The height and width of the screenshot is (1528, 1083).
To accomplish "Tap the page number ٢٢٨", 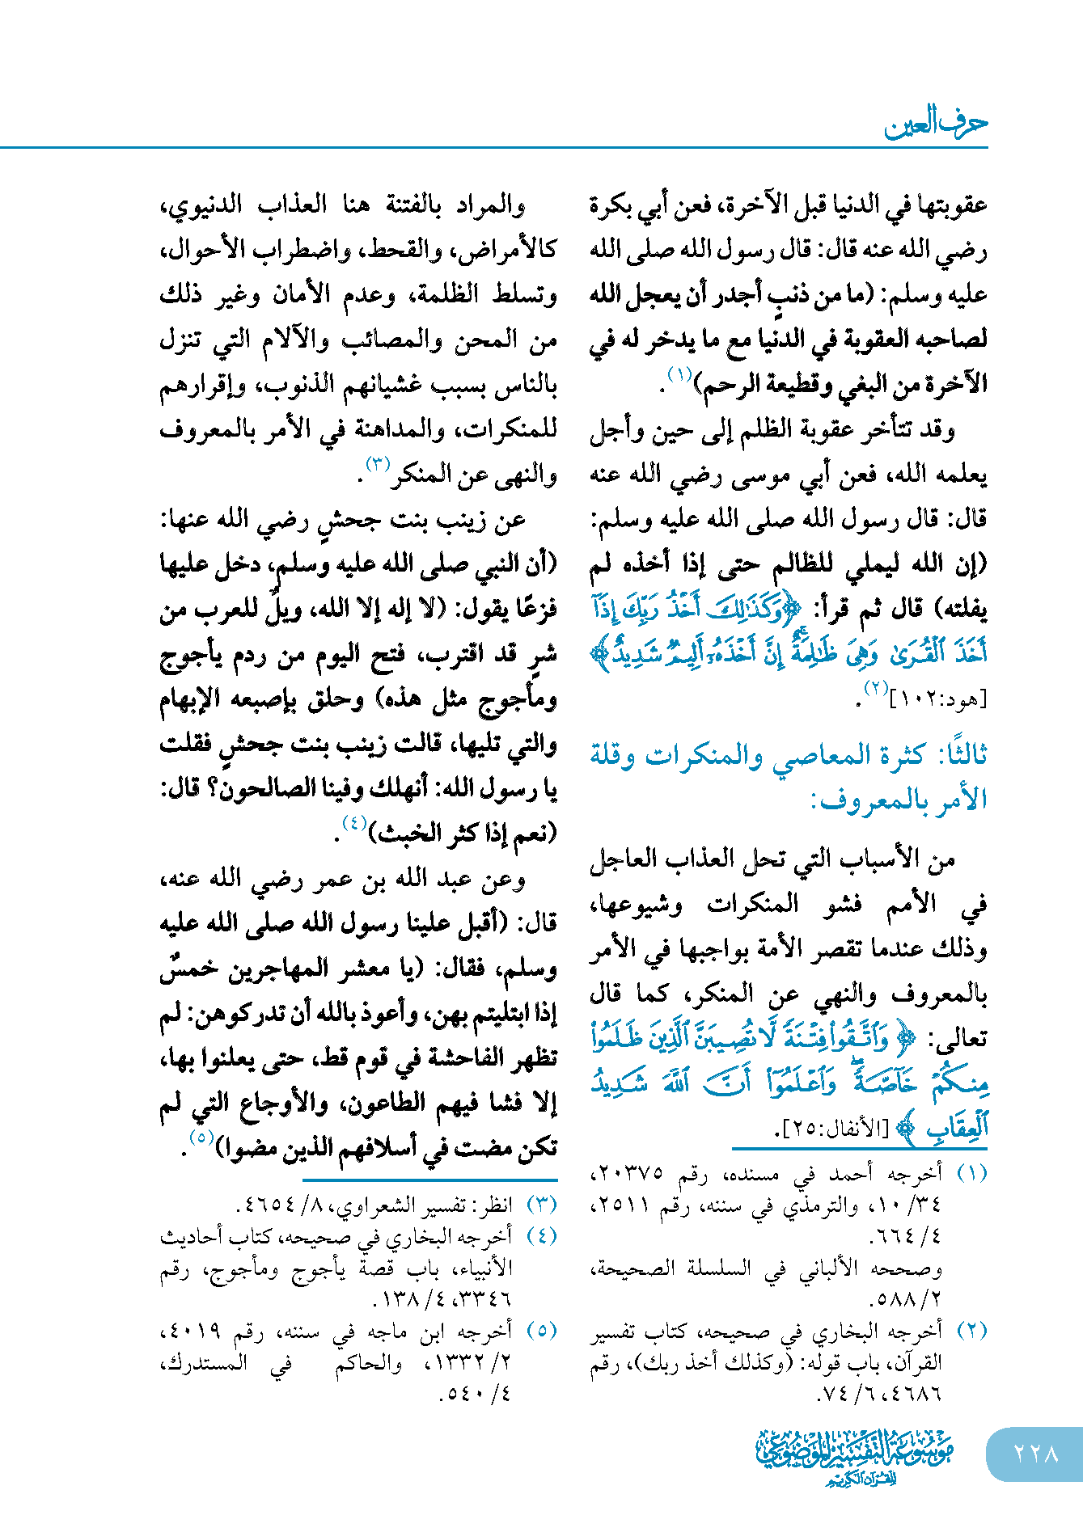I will point(1036,1453).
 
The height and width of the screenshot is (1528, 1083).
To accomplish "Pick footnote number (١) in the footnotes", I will point(971,1173).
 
